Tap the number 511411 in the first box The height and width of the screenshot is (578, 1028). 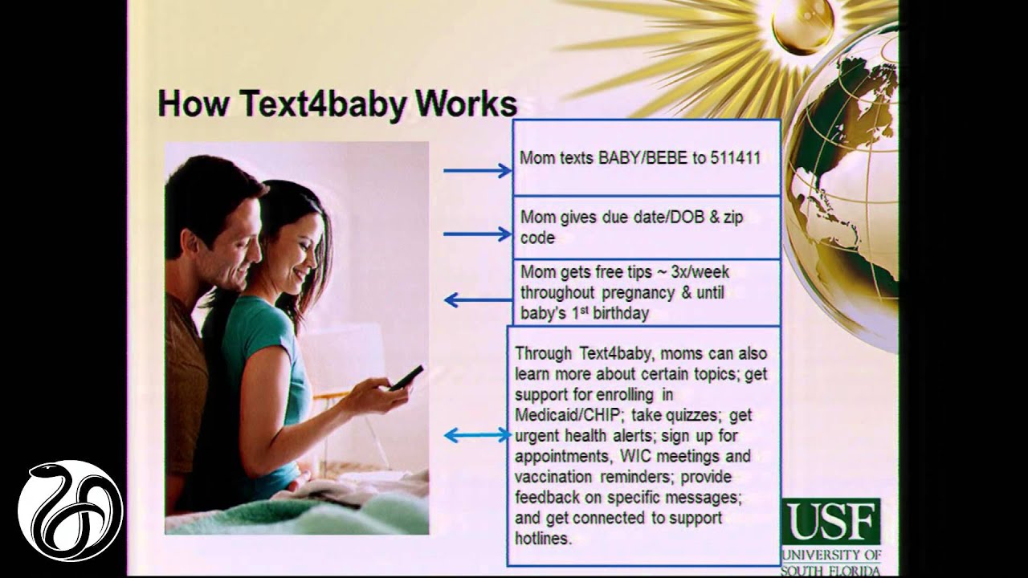(x=735, y=157)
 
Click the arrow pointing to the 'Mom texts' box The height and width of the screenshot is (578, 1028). (x=477, y=170)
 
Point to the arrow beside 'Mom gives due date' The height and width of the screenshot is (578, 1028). (x=477, y=234)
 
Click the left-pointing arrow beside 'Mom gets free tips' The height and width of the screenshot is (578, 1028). (x=477, y=300)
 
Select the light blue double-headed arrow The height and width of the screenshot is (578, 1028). (x=477, y=435)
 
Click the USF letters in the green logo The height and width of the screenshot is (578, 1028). (x=830, y=523)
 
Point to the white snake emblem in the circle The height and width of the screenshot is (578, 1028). (x=71, y=511)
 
